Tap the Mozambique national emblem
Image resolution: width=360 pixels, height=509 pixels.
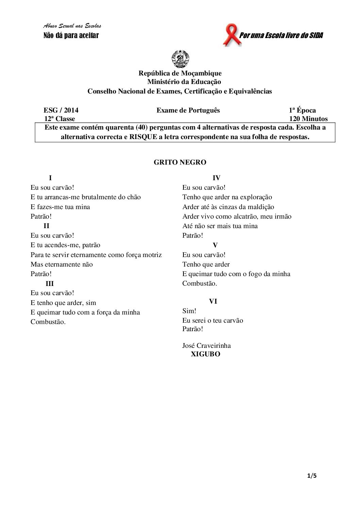point(180,58)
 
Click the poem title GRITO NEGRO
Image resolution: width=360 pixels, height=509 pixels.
point(180,162)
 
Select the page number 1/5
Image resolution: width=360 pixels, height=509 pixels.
point(312,476)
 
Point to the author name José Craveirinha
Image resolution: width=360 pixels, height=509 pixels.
point(206,345)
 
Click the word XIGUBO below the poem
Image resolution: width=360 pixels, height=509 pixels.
point(206,354)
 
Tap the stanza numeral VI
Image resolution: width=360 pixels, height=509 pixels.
point(213,301)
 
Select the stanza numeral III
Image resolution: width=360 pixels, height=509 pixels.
point(50,284)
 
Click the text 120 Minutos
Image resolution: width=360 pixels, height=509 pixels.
point(308,119)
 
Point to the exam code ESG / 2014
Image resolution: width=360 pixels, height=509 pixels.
point(61,110)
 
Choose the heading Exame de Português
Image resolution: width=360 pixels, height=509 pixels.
point(188,110)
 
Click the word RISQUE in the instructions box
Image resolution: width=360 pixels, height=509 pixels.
point(143,137)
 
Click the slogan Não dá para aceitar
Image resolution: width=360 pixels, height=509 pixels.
point(71,35)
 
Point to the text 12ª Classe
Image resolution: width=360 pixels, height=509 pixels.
point(60,119)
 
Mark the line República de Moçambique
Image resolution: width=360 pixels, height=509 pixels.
point(180,73)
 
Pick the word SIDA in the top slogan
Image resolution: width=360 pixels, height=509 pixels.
point(316,35)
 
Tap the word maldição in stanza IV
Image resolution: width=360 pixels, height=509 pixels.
point(260,207)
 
